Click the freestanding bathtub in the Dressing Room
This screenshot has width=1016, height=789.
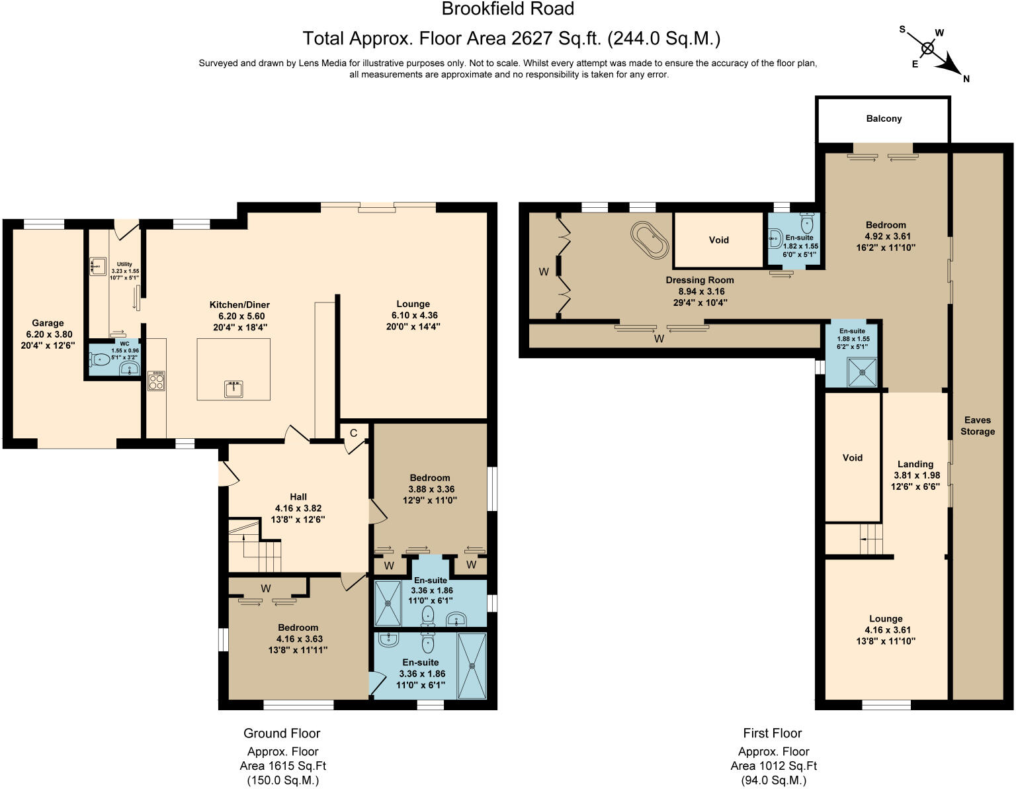pos(650,239)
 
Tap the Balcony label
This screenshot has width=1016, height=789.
pos(884,118)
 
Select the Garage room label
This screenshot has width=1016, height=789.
pos(48,324)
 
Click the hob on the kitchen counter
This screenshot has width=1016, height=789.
pos(157,380)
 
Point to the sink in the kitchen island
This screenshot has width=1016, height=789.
pos(233,389)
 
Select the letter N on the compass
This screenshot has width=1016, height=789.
pos(966,79)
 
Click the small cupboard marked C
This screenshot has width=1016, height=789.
pos(353,434)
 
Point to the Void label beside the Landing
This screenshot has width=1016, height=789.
pos(852,457)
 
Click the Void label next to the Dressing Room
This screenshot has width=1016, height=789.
pos(718,240)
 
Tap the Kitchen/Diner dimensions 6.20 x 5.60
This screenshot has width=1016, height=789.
pos(239,316)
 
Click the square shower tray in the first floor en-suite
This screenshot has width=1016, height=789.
pos(863,372)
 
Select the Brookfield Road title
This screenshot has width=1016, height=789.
pos(507,9)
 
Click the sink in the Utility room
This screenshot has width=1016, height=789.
pos(97,266)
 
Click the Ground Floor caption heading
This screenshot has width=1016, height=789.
pos(282,733)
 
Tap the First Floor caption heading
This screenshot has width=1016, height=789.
pos(772,733)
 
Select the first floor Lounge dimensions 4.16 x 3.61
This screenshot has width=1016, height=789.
pos(886,630)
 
